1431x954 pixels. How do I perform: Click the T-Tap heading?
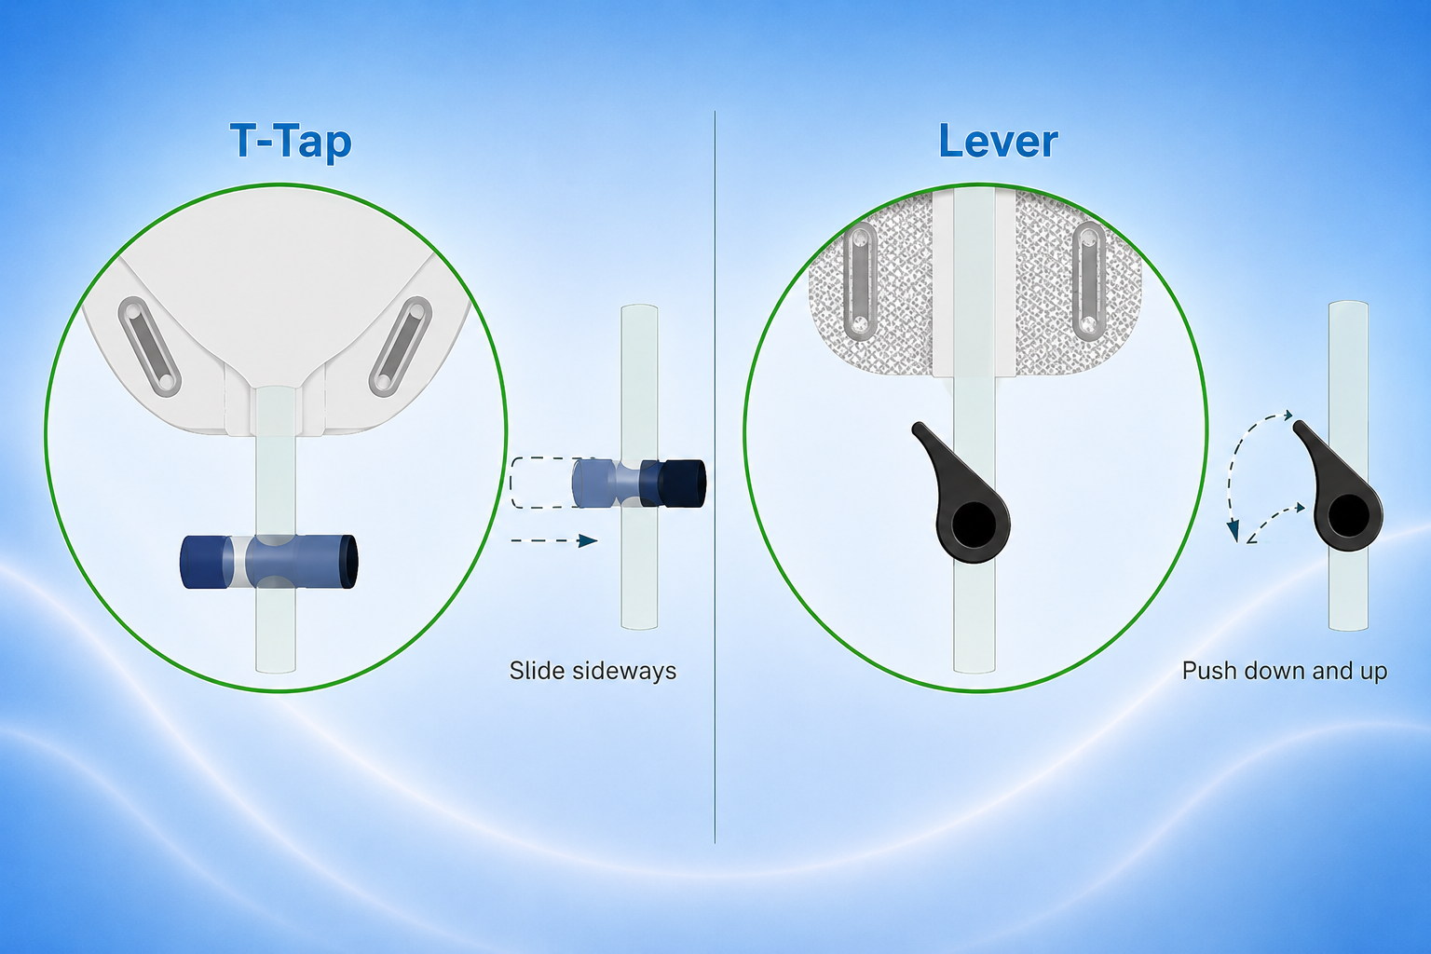[x=291, y=142]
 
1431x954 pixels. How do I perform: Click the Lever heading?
[x=998, y=142]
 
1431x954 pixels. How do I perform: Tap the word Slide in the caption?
[x=536, y=670]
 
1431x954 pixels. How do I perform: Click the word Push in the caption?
[x=1208, y=670]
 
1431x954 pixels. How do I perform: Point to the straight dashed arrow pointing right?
[x=554, y=540]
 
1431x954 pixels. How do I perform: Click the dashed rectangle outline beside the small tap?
[x=543, y=484]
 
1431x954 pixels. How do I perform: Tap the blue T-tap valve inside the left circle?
[x=269, y=562]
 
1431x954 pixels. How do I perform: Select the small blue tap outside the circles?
[x=639, y=484]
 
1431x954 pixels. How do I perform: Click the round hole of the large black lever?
[x=973, y=524]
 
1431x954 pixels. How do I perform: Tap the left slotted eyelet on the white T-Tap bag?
[x=149, y=347]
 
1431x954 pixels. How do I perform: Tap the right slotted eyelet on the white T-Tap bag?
[x=401, y=347]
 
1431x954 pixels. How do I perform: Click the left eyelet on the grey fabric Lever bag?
[x=861, y=280]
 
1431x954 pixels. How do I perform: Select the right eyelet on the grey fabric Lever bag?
[x=1088, y=280]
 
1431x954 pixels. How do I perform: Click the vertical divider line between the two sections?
[x=715, y=477]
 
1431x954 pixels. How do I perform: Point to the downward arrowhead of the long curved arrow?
[x=1233, y=530]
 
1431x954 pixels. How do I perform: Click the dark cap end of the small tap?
[x=682, y=484]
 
